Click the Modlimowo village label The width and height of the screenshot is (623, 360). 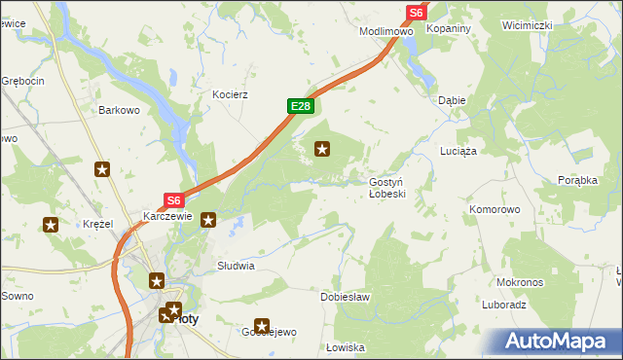tap(386, 31)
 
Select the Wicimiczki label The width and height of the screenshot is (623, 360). tap(528, 24)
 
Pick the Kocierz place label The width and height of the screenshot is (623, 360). tap(231, 95)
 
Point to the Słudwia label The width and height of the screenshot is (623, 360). tap(236, 265)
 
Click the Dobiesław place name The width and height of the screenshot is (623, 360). tap(346, 297)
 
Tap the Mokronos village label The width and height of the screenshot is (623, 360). tap(519, 282)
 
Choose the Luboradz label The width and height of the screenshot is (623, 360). tap(503, 305)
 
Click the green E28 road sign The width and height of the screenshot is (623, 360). tap(300, 105)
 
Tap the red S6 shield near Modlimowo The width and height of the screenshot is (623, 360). tap(416, 13)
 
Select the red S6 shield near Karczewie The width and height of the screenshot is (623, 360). tap(173, 199)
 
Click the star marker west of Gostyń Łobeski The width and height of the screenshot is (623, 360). tap(322, 149)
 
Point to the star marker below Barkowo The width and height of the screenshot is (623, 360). tap(102, 170)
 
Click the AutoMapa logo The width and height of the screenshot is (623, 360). tap(555, 342)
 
